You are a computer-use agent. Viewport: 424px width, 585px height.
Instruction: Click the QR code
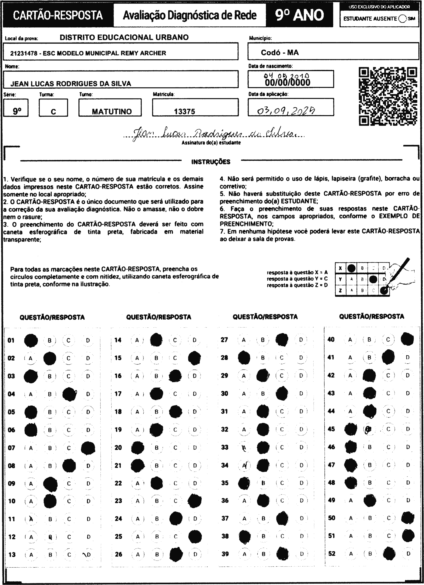coord(388,96)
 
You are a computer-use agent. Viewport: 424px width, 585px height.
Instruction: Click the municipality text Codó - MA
coord(280,53)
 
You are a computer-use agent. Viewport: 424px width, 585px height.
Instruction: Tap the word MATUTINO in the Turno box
coord(112,111)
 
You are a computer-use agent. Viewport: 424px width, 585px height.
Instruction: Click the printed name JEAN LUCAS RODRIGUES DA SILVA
coord(71,84)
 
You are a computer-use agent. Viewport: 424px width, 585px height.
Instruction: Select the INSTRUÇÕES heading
coord(210,162)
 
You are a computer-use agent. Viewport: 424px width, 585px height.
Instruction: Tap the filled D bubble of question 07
coord(88,448)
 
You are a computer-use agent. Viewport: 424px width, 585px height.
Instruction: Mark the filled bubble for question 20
coord(137,448)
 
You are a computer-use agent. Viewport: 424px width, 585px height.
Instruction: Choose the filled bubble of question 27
coord(282,340)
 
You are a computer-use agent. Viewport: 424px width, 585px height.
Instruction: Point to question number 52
coord(332,554)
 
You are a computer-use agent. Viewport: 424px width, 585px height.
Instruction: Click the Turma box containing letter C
coord(53,108)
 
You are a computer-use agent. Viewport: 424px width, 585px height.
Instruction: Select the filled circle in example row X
coord(351,268)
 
